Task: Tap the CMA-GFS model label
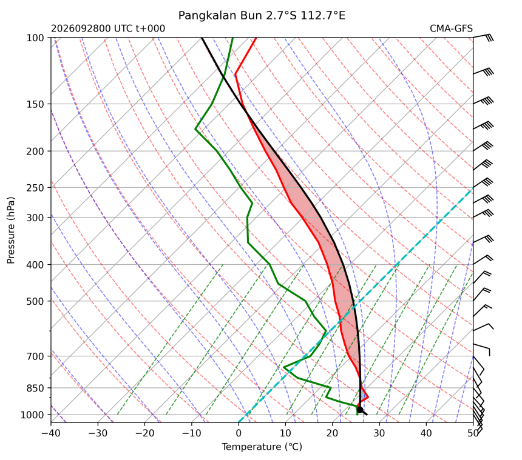click(x=451, y=28)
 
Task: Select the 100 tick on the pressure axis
click(x=35, y=38)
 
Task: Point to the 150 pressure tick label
click(x=35, y=104)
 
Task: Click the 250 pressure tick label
click(x=35, y=188)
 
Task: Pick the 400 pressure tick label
click(x=35, y=265)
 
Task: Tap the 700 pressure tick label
click(x=35, y=356)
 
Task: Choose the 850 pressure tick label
click(x=35, y=388)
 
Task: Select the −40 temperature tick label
click(x=51, y=433)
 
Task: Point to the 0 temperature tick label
click(x=239, y=433)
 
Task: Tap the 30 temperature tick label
click(x=379, y=433)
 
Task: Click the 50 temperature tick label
click(x=473, y=433)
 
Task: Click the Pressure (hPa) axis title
click(x=11, y=230)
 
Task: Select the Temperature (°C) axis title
click(x=262, y=447)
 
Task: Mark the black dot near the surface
click(x=359, y=410)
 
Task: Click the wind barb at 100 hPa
click(x=483, y=37)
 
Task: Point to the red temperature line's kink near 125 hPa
click(x=236, y=74)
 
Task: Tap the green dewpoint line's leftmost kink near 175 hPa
click(x=195, y=129)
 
